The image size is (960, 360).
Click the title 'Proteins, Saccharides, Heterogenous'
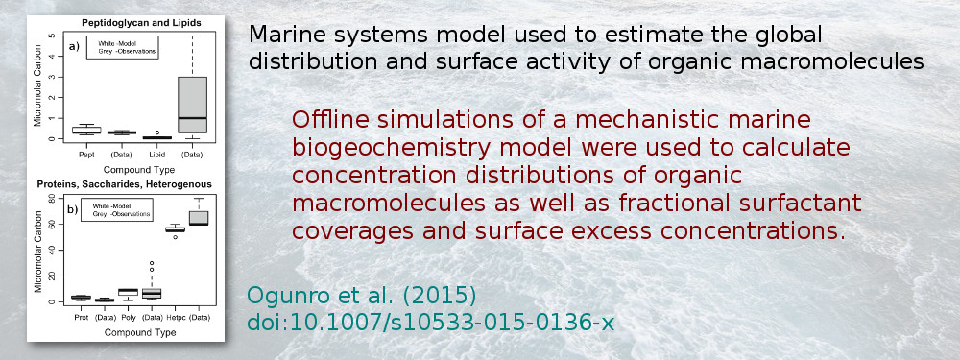[x=125, y=182]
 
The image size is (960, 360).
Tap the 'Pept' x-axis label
[x=86, y=154]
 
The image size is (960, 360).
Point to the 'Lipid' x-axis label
[x=153, y=154]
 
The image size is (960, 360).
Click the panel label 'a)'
[x=73, y=45]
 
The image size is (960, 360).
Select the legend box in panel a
[x=122, y=47]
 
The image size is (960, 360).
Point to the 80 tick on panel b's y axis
[x=52, y=199]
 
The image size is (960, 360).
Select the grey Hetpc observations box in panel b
[x=199, y=217]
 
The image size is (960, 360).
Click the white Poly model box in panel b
[x=128, y=290]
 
